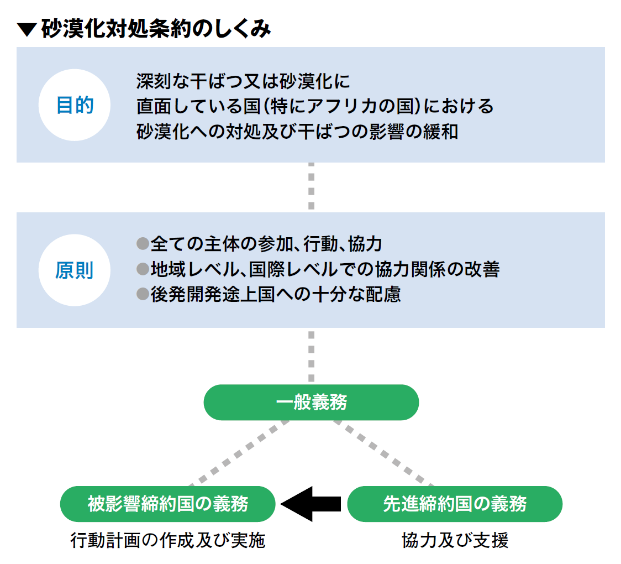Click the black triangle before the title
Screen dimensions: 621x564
pos(27,30)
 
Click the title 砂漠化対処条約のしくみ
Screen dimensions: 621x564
pos(156,29)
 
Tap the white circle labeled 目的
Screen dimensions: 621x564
pos(75,105)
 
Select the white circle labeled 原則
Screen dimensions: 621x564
pos(75,270)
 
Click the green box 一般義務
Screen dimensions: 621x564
pos(311,403)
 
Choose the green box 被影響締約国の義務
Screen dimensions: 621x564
pos(168,504)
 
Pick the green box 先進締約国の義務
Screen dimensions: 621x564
pos(455,504)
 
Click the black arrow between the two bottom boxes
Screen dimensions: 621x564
pos(311,504)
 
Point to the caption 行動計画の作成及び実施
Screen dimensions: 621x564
pos(168,540)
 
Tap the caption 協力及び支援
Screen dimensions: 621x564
pos(455,540)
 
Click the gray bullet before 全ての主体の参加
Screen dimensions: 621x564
pos(143,243)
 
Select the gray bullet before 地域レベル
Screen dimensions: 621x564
pos(143,269)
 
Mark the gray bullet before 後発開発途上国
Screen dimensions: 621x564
pos(143,294)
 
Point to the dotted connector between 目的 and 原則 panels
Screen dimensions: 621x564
pos(311,186)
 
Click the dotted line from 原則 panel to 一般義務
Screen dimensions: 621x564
pos(311,356)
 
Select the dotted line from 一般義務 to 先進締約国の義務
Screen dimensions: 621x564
pos(383,453)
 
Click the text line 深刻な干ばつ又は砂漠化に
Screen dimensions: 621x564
pos(243,81)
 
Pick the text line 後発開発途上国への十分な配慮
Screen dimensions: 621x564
pos(276,294)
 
